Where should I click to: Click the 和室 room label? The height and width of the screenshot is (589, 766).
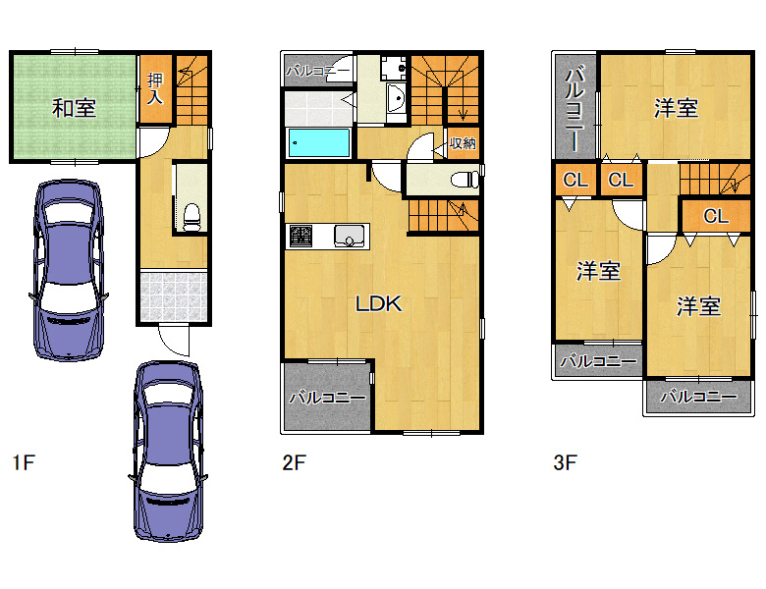(x=74, y=108)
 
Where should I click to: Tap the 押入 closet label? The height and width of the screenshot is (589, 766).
(x=155, y=88)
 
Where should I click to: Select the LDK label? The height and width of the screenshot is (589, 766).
(x=379, y=303)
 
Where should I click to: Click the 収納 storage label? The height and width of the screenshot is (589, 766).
(x=463, y=143)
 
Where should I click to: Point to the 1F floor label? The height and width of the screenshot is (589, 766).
(x=24, y=462)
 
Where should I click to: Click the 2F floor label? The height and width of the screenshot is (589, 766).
(x=294, y=462)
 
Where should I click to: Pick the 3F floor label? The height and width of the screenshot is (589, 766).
(x=566, y=462)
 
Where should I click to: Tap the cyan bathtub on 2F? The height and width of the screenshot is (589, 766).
(x=319, y=142)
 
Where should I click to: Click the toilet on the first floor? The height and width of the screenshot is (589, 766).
(x=191, y=217)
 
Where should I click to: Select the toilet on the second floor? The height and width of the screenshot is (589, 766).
(x=465, y=180)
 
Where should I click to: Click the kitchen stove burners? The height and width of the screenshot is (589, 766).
(x=301, y=237)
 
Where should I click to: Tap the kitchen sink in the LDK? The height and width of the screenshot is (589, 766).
(x=349, y=236)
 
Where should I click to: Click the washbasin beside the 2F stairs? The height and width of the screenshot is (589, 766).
(x=396, y=99)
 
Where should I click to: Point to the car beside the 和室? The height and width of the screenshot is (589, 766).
(x=69, y=270)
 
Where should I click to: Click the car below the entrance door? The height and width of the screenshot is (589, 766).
(x=168, y=452)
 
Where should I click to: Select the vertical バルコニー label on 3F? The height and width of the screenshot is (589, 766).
(x=574, y=110)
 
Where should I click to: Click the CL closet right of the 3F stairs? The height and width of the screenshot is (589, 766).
(x=716, y=215)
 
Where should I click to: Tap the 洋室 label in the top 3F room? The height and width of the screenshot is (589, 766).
(x=676, y=108)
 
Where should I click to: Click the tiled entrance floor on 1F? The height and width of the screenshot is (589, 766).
(x=173, y=296)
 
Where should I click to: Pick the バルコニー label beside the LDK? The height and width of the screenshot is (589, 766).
(x=327, y=398)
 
